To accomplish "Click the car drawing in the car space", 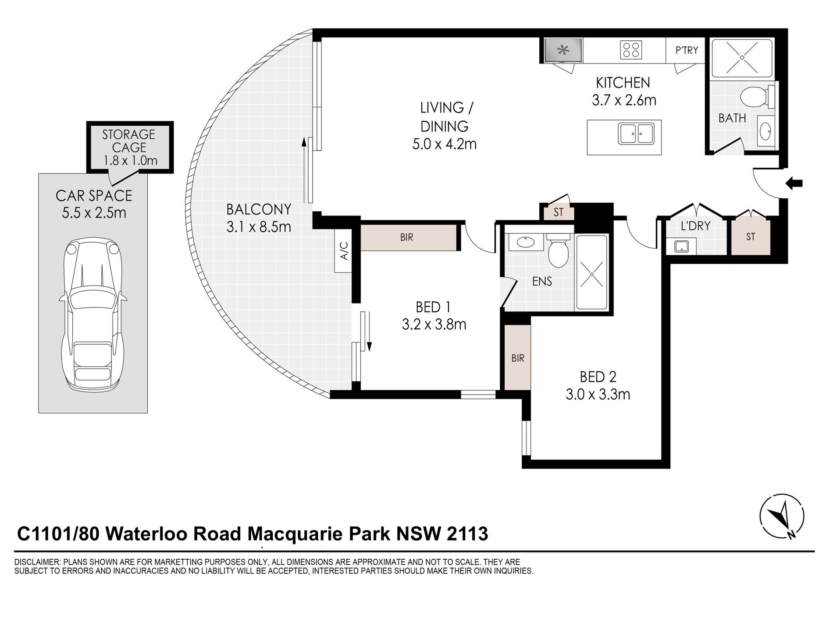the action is [x=93, y=315].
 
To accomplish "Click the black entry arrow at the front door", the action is [x=794, y=183].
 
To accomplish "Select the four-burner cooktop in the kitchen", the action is [x=631, y=50].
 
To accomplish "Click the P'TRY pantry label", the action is [x=687, y=50].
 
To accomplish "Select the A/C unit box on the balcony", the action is [x=343, y=251].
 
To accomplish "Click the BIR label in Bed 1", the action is [x=406, y=237].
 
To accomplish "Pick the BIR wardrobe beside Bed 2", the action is [x=517, y=357].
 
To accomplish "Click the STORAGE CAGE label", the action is [x=129, y=141].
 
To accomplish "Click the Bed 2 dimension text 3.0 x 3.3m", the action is [x=598, y=395].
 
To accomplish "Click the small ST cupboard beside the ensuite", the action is [x=558, y=212].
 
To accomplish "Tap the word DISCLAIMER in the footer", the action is [x=38, y=562].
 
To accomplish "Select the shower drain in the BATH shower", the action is [x=741, y=57].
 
